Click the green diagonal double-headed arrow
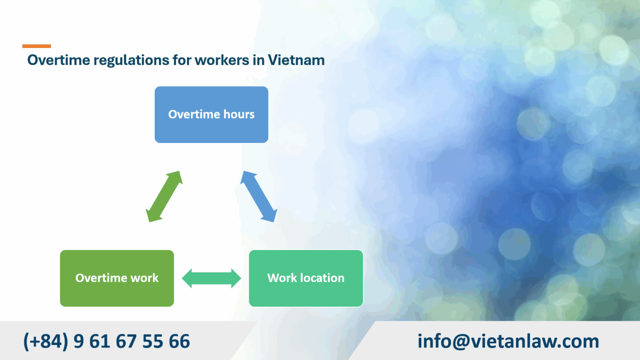(164, 196)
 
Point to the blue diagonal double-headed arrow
(259, 196)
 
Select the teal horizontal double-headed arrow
(211, 278)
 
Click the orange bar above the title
(37, 46)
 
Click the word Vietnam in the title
(296, 60)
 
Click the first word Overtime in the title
(59, 60)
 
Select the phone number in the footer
(107, 341)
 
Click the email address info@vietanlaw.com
(508, 341)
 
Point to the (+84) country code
(45, 341)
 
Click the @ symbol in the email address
(461, 342)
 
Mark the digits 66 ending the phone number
(179, 341)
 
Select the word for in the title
(182, 60)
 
